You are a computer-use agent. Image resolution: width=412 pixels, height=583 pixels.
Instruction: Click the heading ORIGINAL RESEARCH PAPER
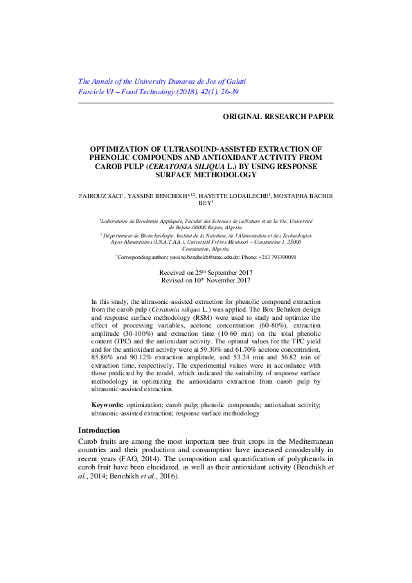[278, 116]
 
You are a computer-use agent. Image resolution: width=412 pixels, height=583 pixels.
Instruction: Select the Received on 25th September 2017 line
[205, 273]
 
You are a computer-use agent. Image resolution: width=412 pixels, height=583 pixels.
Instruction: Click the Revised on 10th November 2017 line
[205, 280]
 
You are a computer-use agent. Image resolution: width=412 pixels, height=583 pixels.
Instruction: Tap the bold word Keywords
[107, 404]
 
